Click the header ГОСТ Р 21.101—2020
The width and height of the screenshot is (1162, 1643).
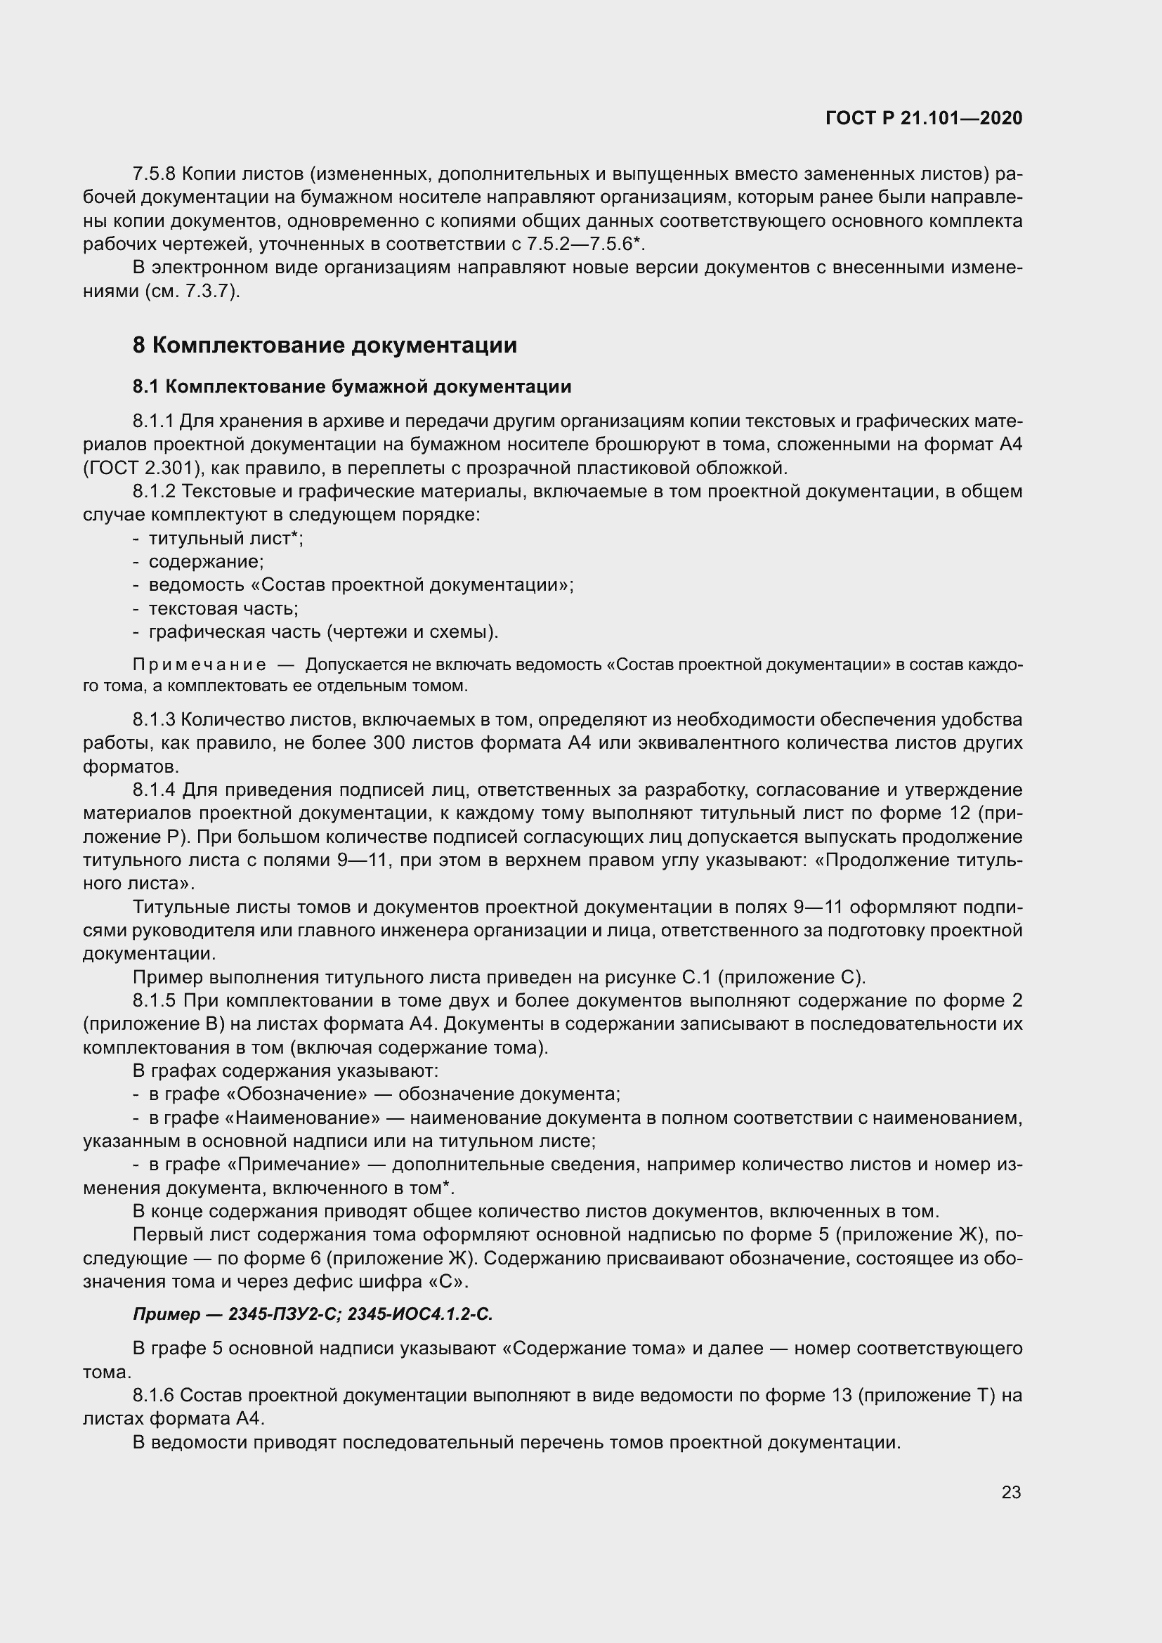click(924, 118)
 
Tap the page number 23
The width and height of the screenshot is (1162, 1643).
click(1011, 1492)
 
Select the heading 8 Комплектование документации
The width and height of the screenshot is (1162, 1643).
click(324, 345)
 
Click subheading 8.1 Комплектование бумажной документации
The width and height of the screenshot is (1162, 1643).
click(351, 387)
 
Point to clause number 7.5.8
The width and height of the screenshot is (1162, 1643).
click(154, 174)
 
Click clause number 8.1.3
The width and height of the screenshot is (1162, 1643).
click(154, 719)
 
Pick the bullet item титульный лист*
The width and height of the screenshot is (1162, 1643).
click(226, 538)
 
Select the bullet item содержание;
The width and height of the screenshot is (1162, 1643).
click(206, 562)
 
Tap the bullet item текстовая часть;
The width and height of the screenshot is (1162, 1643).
click(223, 609)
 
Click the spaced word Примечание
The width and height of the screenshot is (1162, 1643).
click(199, 665)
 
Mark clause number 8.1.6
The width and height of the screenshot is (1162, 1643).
click(154, 1396)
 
